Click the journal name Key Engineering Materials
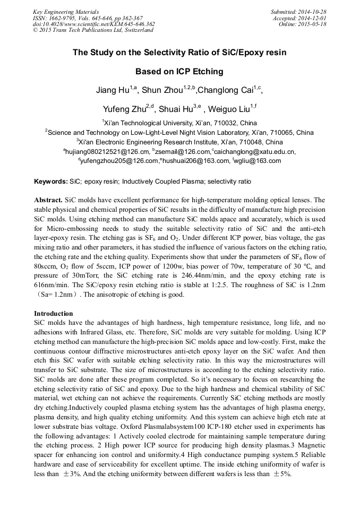pyautogui.click(x=66, y=12)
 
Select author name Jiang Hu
pyautogui.click(x=112, y=90)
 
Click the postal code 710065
pyautogui.click(x=277, y=132)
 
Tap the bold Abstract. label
pyautogui.click(x=48, y=200)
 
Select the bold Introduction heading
pyautogui.click(x=53, y=314)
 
